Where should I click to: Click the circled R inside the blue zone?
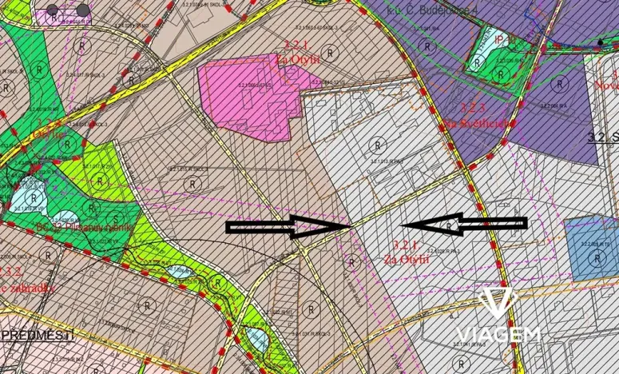pyautogui.click(x=597, y=257)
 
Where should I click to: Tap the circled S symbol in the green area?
pyautogui.click(x=117, y=218)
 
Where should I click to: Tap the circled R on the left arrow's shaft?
pyautogui.click(x=452, y=228)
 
